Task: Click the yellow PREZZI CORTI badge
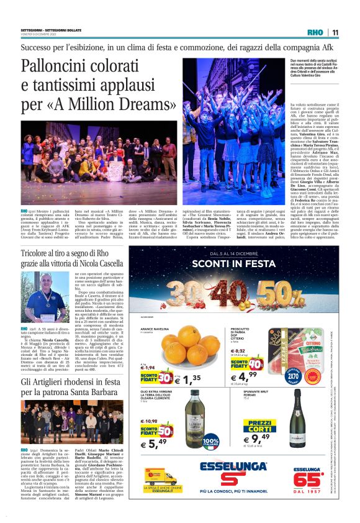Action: [261, 427]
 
